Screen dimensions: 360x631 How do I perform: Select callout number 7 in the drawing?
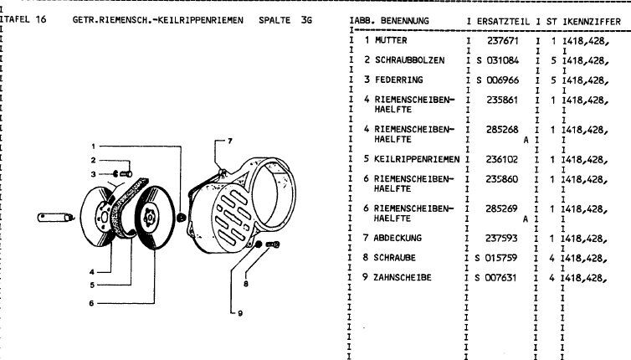click(229, 140)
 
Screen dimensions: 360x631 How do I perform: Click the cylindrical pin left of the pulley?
click(59, 218)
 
